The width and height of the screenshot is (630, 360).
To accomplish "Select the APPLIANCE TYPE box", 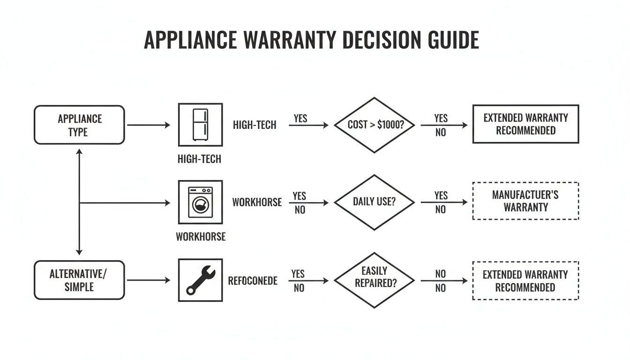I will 79,125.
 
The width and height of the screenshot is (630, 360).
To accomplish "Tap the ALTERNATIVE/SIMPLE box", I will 79,280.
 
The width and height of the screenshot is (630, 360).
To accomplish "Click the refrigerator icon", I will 200,125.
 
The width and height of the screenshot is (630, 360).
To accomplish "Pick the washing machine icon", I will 200,202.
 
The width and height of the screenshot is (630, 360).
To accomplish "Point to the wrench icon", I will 200,280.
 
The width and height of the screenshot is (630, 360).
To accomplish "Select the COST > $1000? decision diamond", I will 374,125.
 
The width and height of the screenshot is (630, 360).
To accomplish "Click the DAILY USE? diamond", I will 374,202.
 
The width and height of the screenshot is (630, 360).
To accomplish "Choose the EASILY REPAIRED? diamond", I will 374,280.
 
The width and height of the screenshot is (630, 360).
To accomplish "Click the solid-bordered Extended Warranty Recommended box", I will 525,124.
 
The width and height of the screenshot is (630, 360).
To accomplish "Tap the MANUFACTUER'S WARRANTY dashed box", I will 525,201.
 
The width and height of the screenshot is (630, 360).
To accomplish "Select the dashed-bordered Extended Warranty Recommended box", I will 525,280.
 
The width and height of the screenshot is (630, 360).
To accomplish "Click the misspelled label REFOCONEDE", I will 253,281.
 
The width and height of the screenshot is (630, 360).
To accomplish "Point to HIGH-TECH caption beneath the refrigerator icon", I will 199,159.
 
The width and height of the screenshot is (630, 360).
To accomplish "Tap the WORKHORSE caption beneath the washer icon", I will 200,236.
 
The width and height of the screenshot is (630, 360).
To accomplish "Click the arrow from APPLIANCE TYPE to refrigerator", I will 148,125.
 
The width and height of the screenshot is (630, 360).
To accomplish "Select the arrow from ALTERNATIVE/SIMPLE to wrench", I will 148,280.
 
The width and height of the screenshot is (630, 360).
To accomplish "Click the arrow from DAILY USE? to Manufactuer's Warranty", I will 444,202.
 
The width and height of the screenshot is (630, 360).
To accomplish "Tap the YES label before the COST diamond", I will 300,118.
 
